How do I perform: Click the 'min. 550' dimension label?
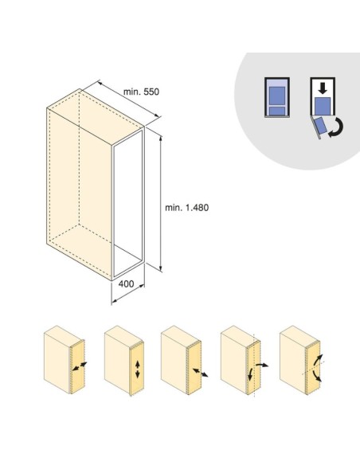pyautogui.click(x=141, y=92)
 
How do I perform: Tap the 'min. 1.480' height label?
pyautogui.click(x=187, y=208)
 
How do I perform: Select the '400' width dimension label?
pyautogui.click(x=126, y=283)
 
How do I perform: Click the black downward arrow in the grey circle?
pyautogui.click(x=323, y=88)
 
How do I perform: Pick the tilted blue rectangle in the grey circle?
pyautogui.click(x=320, y=126)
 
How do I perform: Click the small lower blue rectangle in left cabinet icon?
pyautogui.click(x=277, y=111)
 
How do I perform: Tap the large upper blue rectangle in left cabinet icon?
pyautogui.click(x=277, y=96)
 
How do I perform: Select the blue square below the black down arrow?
pyautogui.click(x=323, y=106)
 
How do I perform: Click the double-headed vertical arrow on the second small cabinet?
pyautogui.click(x=137, y=369)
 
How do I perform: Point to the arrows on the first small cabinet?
pyautogui.click(x=80, y=366)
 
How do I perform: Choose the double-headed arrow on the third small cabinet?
pyautogui.click(x=200, y=373)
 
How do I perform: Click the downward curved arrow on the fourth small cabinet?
pyautogui.click(x=250, y=374)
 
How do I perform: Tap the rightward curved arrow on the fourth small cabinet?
pyautogui.click(x=262, y=365)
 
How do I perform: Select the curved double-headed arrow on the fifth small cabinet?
pyautogui.click(x=318, y=368)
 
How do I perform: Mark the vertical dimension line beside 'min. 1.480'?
pyautogui.click(x=161, y=204)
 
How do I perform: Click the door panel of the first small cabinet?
pyautogui.click(x=78, y=367)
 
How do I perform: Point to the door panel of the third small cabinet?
pyautogui.click(x=194, y=368)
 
